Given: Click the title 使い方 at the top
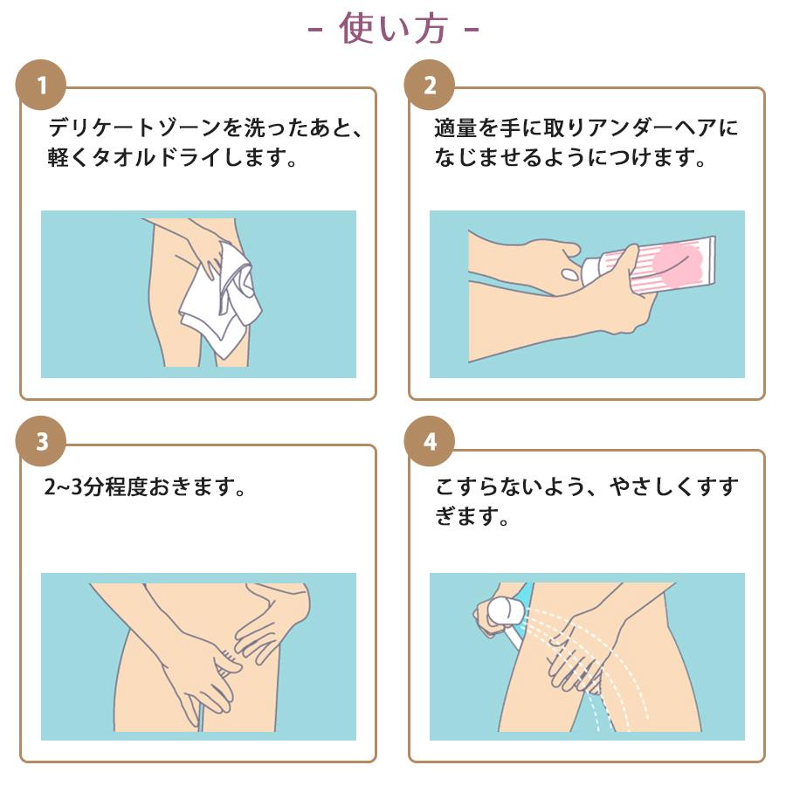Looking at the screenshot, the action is (x=393, y=29).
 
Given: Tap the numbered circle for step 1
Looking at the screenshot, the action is (x=41, y=85).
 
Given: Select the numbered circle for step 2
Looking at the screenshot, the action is (x=430, y=85).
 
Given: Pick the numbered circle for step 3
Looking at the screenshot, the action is (x=41, y=441).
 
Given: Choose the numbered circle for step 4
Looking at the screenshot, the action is (x=430, y=441).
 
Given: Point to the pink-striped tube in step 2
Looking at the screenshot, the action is (x=652, y=265).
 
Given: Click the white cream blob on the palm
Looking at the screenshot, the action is (x=569, y=274).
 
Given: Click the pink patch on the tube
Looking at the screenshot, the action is (x=679, y=263).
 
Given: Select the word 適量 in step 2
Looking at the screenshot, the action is (x=456, y=128).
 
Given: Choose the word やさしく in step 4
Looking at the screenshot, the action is (x=652, y=486).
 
